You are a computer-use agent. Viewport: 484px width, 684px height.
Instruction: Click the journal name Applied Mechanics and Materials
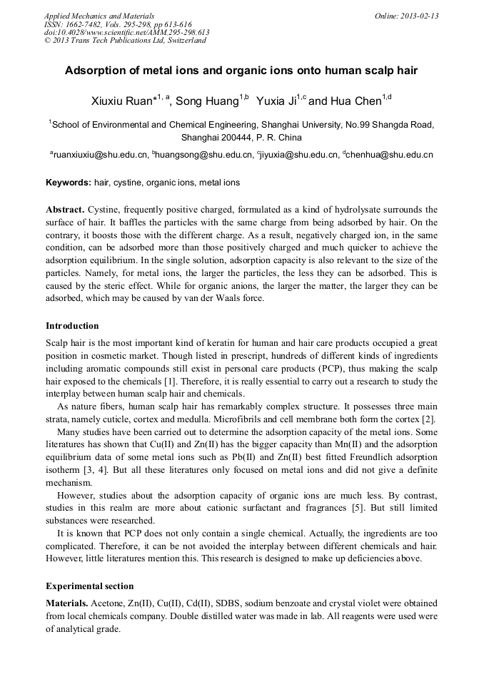(x=99, y=16)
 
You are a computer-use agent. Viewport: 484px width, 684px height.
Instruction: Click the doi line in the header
(x=126, y=32)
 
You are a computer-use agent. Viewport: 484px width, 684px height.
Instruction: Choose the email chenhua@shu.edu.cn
(x=390, y=154)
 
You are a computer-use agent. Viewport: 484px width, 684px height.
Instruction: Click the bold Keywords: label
(x=69, y=183)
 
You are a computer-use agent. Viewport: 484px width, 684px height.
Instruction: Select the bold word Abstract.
(x=65, y=210)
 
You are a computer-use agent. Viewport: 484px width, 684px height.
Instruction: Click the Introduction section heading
(x=72, y=326)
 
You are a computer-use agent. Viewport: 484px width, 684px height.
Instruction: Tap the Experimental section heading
(x=90, y=586)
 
